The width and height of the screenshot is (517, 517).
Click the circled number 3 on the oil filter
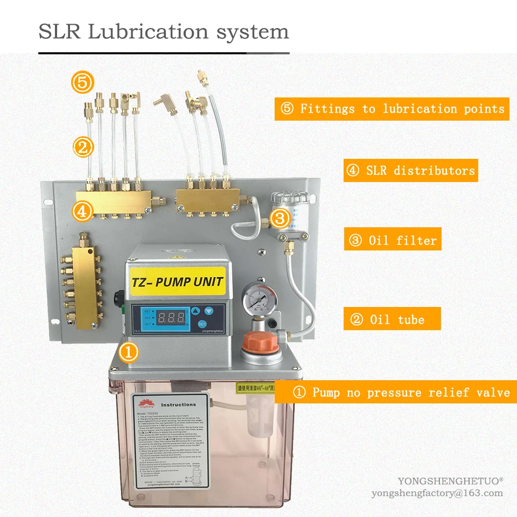(280, 218)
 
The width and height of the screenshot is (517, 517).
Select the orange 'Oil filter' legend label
(393, 240)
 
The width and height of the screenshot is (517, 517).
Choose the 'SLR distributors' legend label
(410, 171)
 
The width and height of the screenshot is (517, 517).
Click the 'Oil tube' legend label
(392, 319)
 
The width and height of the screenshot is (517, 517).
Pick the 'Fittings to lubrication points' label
(392, 109)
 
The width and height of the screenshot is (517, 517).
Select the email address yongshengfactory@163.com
(437, 493)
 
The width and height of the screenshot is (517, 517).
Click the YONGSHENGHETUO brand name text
(450, 481)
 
